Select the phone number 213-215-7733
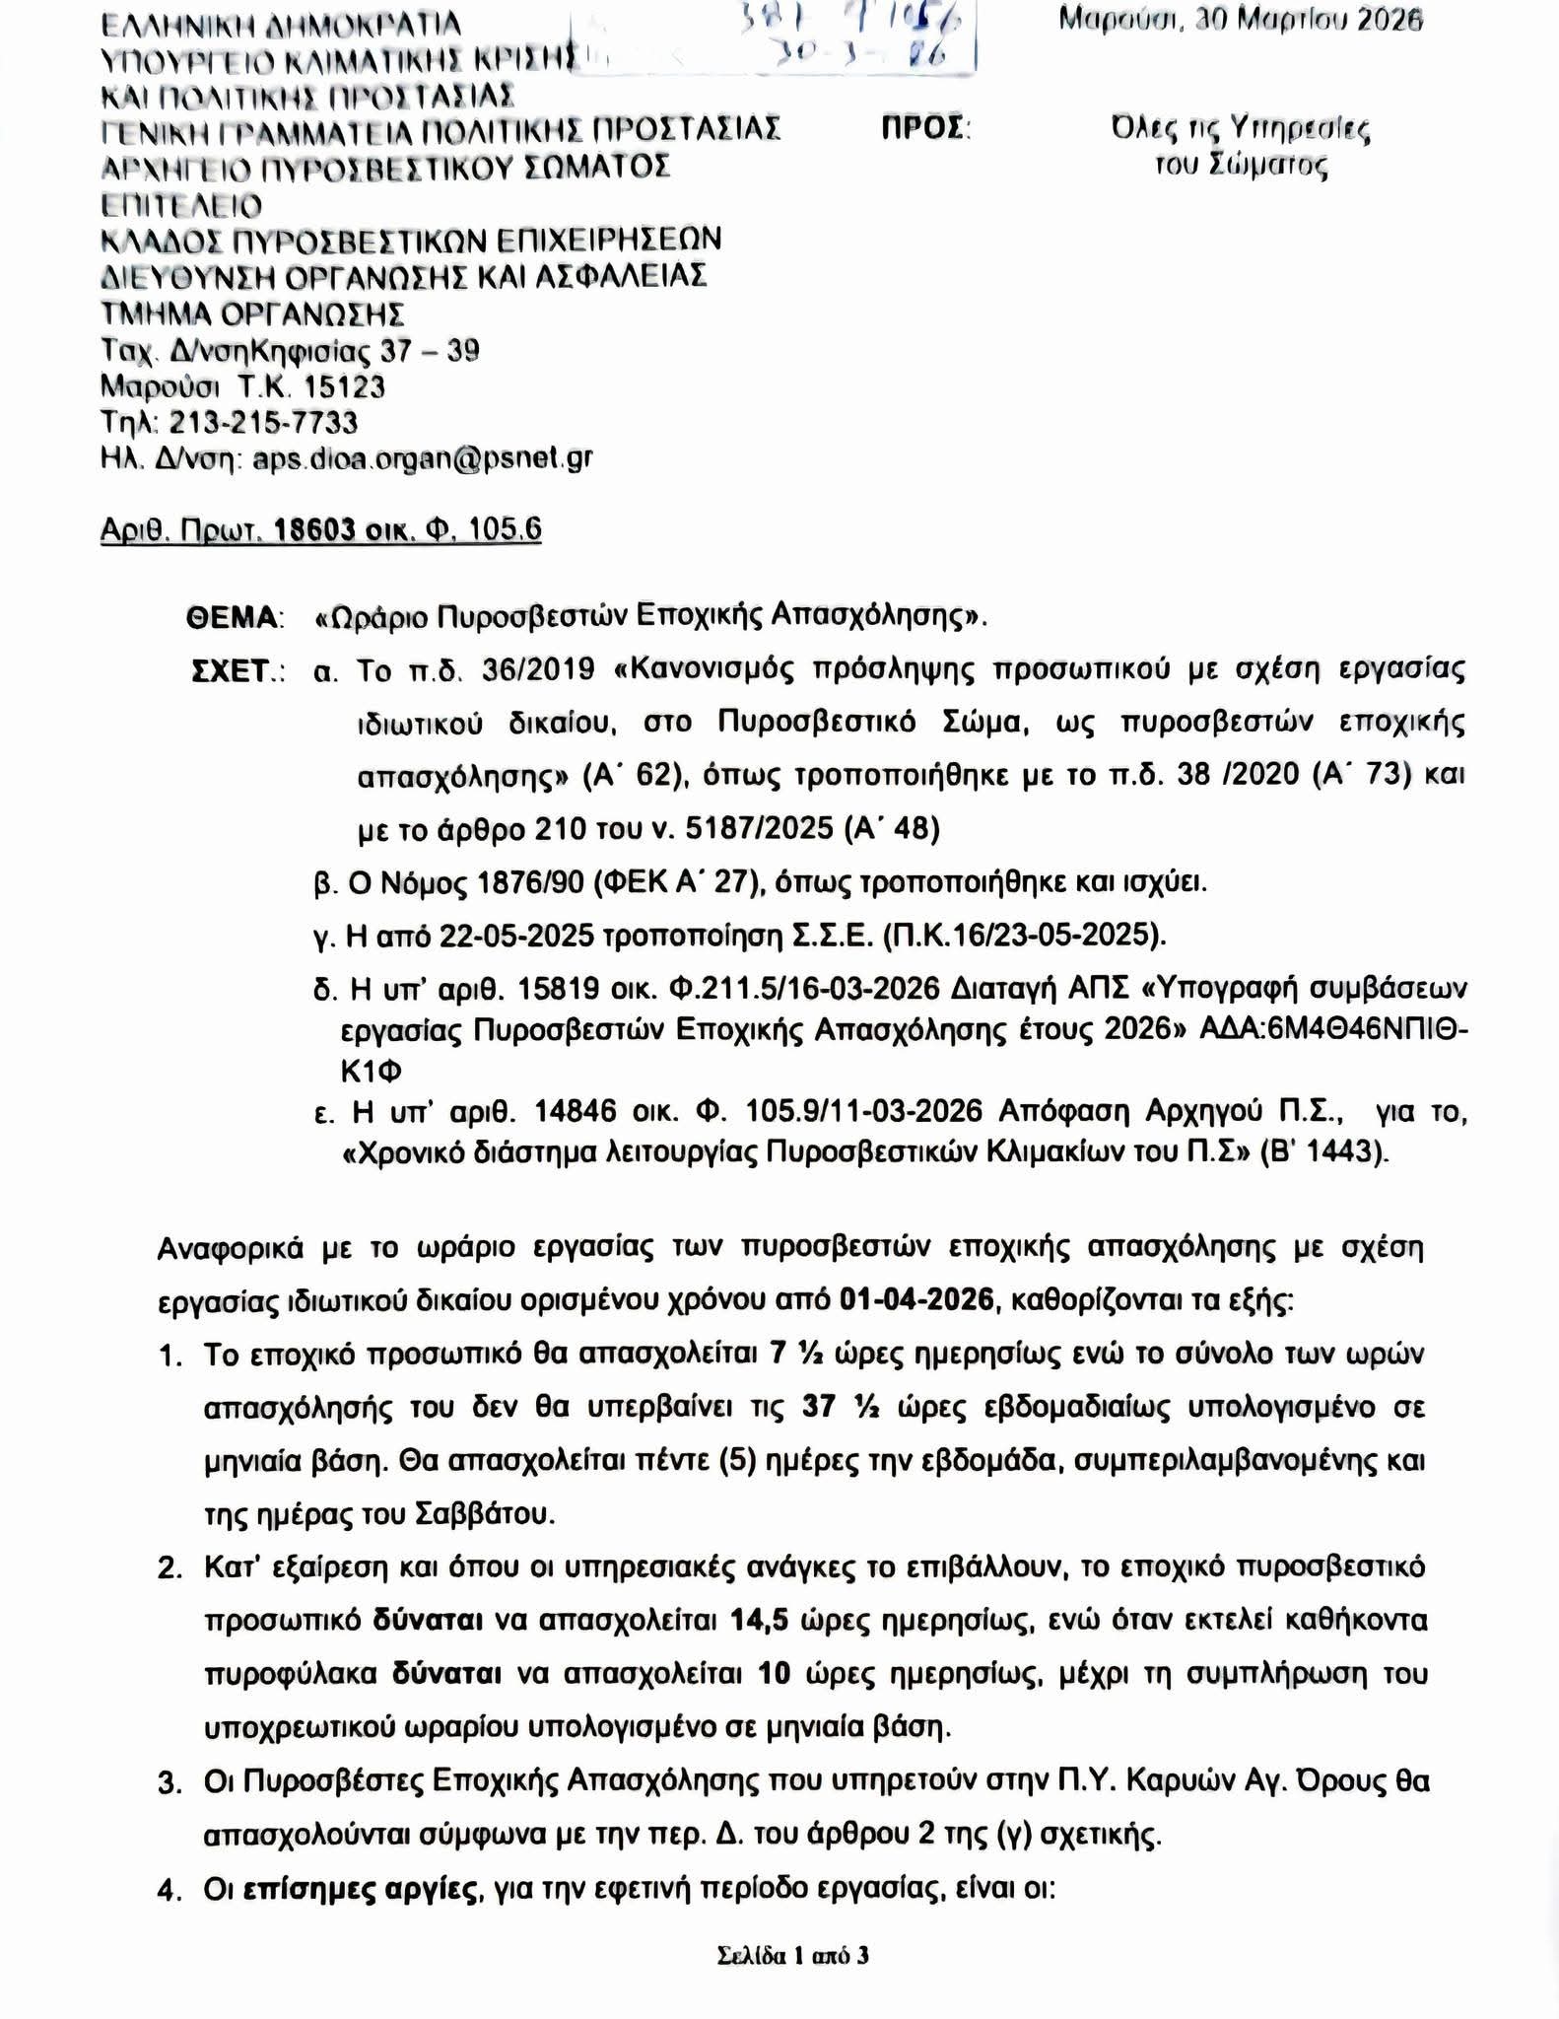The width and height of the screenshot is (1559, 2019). point(263,423)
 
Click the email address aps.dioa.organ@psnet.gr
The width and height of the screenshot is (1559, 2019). point(423,458)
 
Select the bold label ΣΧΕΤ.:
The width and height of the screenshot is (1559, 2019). point(237,671)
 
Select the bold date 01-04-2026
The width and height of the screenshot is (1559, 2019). point(916,1300)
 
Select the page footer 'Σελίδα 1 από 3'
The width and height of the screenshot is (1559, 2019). point(793,1955)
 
